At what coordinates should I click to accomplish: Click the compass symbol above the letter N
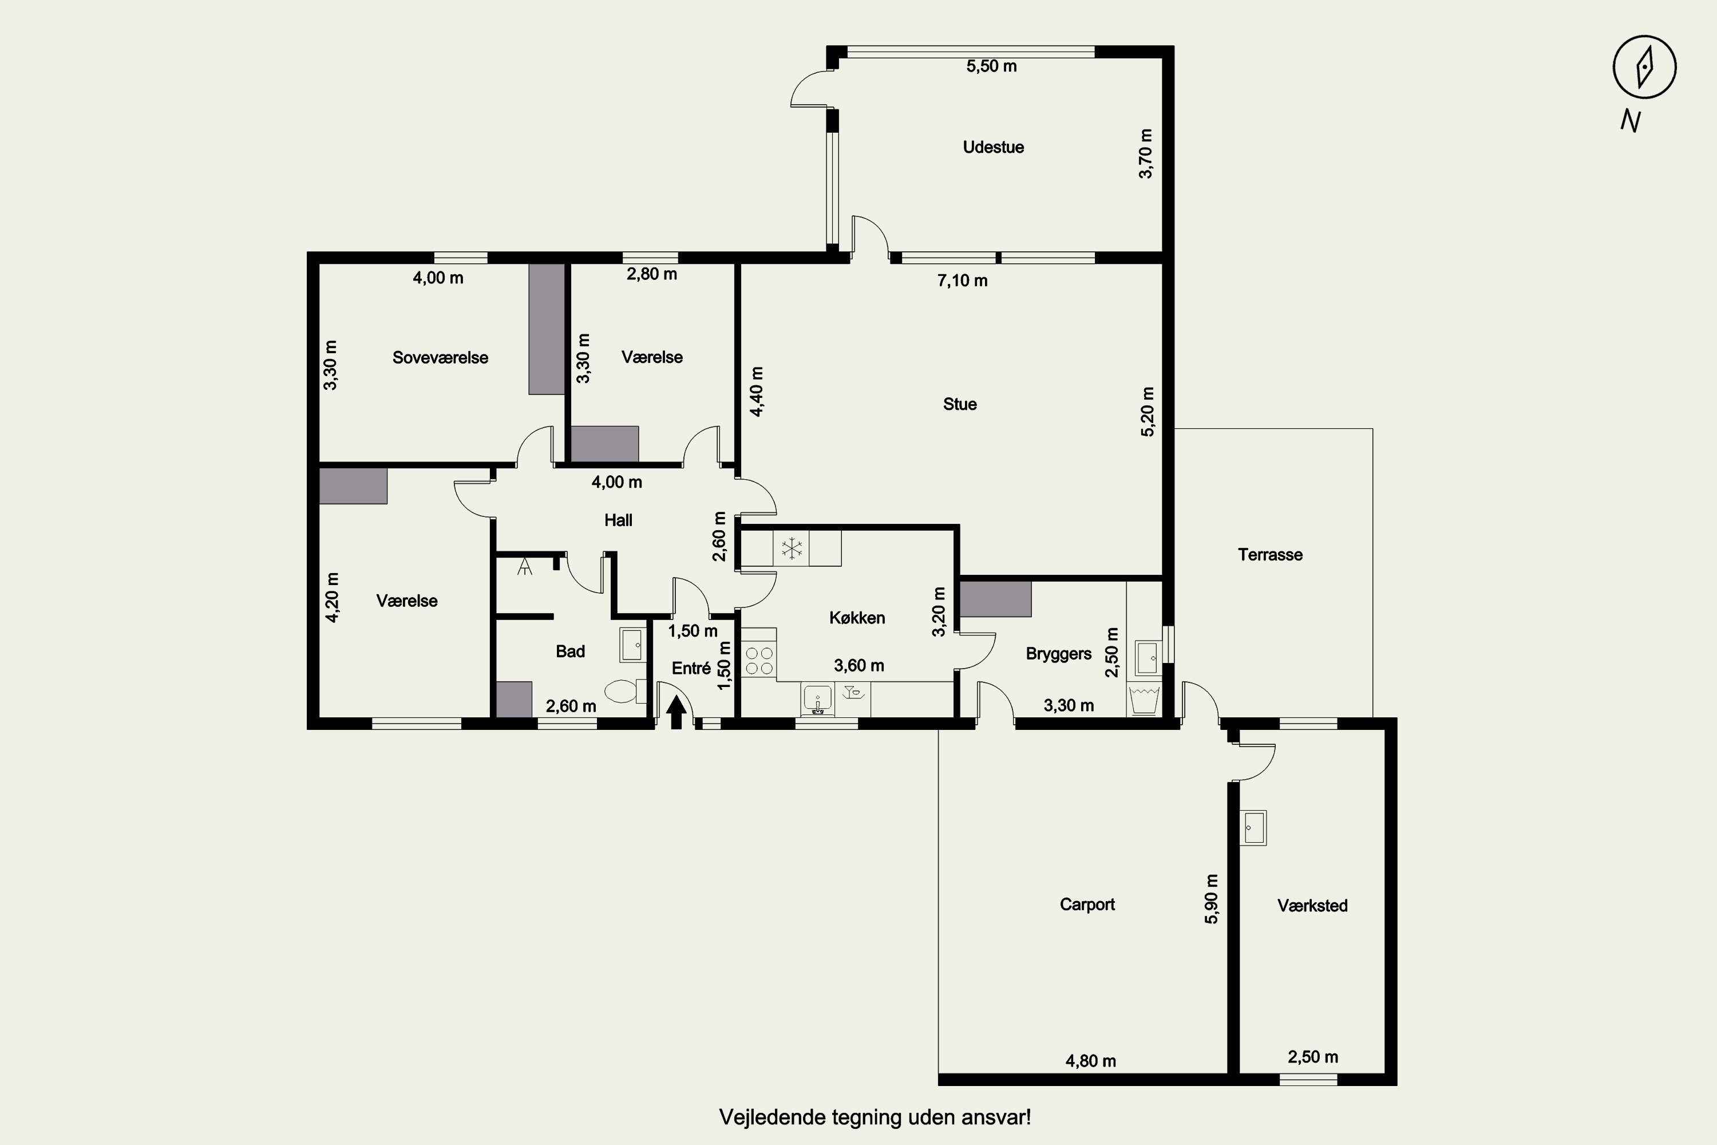[1644, 66]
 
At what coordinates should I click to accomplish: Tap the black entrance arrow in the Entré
[676, 712]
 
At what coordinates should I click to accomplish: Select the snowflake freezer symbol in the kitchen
[792, 548]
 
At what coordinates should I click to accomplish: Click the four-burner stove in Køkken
[759, 661]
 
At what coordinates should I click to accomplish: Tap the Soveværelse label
[440, 358]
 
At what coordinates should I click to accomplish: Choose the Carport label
[1087, 905]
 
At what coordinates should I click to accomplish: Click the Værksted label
[1312, 906]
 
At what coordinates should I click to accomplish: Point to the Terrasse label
[1270, 555]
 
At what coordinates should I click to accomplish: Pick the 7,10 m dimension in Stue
[962, 281]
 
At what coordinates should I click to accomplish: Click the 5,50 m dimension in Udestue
[991, 66]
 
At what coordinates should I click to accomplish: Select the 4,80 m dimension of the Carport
[1091, 1061]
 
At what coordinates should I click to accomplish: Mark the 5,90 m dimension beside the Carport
[1211, 899]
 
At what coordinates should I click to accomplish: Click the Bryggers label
[1058, 654]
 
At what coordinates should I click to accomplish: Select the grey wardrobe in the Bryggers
[995, 599]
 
